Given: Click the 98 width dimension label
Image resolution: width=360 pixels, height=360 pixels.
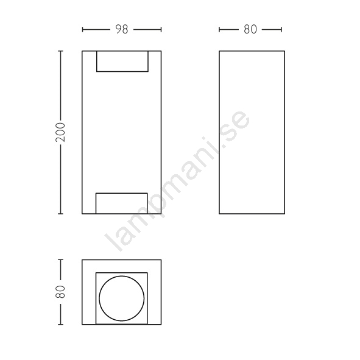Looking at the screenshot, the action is [x=122, y=29].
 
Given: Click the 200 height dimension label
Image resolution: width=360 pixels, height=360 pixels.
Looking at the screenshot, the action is [x=61, y=132].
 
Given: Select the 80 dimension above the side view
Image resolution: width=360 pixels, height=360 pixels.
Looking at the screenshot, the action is [x=250, y=29].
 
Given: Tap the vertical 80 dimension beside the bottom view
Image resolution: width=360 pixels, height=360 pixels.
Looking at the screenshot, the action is [x=61, y=292].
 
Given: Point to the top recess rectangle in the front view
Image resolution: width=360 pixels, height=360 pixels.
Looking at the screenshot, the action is [x=122, y=71].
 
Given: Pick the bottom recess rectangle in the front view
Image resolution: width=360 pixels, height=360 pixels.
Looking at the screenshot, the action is [x=121, y=193].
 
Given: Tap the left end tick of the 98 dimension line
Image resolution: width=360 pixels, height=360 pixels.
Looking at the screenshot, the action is [x=82, y=29].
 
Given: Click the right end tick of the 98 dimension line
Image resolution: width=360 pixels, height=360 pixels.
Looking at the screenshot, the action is [x=161, y=29].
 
